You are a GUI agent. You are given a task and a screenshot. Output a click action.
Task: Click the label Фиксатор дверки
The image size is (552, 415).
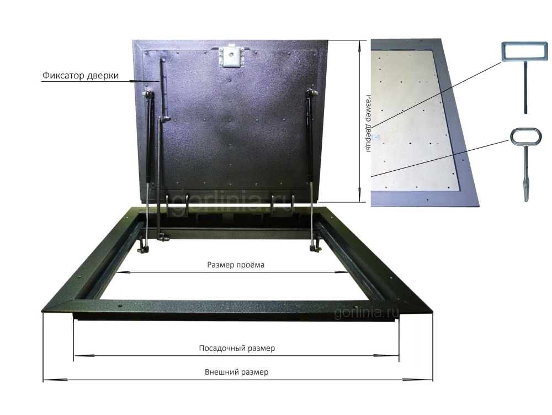(x=81, y=75)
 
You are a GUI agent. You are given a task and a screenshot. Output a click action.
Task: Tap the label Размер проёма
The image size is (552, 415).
(x=236, y=265)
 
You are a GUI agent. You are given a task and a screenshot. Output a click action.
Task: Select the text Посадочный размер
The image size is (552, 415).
(x=237, y=348)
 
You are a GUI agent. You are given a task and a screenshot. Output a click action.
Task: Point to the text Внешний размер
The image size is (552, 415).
(x=237, y=372)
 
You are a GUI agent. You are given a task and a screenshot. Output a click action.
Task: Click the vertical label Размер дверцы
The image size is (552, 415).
(x=368, y=123)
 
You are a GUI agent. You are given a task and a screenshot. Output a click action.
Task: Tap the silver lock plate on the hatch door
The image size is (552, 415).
(x=231, y=56)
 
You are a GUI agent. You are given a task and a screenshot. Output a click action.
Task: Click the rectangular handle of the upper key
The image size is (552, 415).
(x=524, y=52)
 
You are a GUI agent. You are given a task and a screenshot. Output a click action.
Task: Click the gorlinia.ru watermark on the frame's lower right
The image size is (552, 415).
(x=366, y=312)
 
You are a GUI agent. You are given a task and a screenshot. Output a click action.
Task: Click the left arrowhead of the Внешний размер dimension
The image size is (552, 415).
(x=55, y=380)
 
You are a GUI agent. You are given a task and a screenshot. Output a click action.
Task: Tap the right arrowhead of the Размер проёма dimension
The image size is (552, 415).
(x=341, y=272)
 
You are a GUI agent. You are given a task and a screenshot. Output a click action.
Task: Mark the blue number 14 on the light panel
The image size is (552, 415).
(x=375, y=137)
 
